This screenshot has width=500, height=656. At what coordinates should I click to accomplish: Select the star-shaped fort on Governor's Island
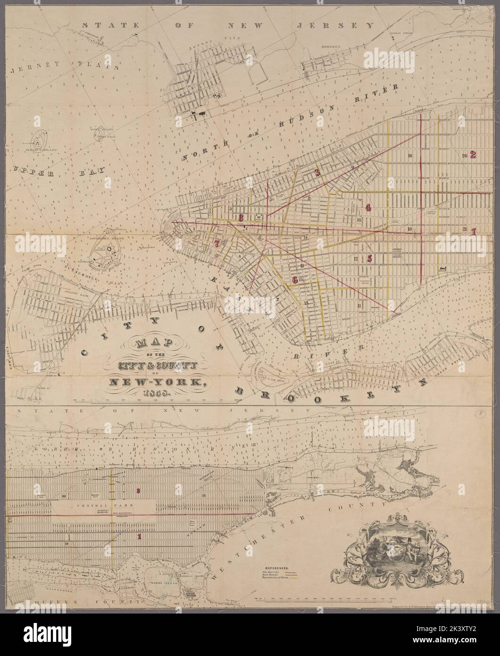tap(109, 246)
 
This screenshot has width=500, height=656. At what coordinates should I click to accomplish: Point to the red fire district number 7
tap(217, 244)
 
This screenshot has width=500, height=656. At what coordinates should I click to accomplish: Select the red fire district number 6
tap(295, 279)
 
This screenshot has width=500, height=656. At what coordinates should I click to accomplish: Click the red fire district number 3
tap(317, 173)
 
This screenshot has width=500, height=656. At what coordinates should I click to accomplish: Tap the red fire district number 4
tap(368, 207)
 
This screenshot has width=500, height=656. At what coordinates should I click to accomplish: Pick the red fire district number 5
tap(370, 258)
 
